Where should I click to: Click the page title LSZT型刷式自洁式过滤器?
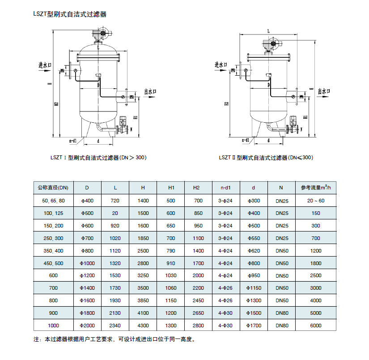point(70,14)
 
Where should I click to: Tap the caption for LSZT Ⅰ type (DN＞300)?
point(98,158)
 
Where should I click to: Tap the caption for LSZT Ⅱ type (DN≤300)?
point(266,158)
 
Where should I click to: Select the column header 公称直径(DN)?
point(53,187)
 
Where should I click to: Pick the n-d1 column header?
point(226,187)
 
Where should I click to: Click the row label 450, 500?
point(53,263)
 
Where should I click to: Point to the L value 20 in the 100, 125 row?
point(115,213)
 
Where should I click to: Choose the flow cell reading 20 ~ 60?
point(316,201)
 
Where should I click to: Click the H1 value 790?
point(171,251)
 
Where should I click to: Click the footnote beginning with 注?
point(115,340)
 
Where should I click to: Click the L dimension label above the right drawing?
point(268,31)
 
